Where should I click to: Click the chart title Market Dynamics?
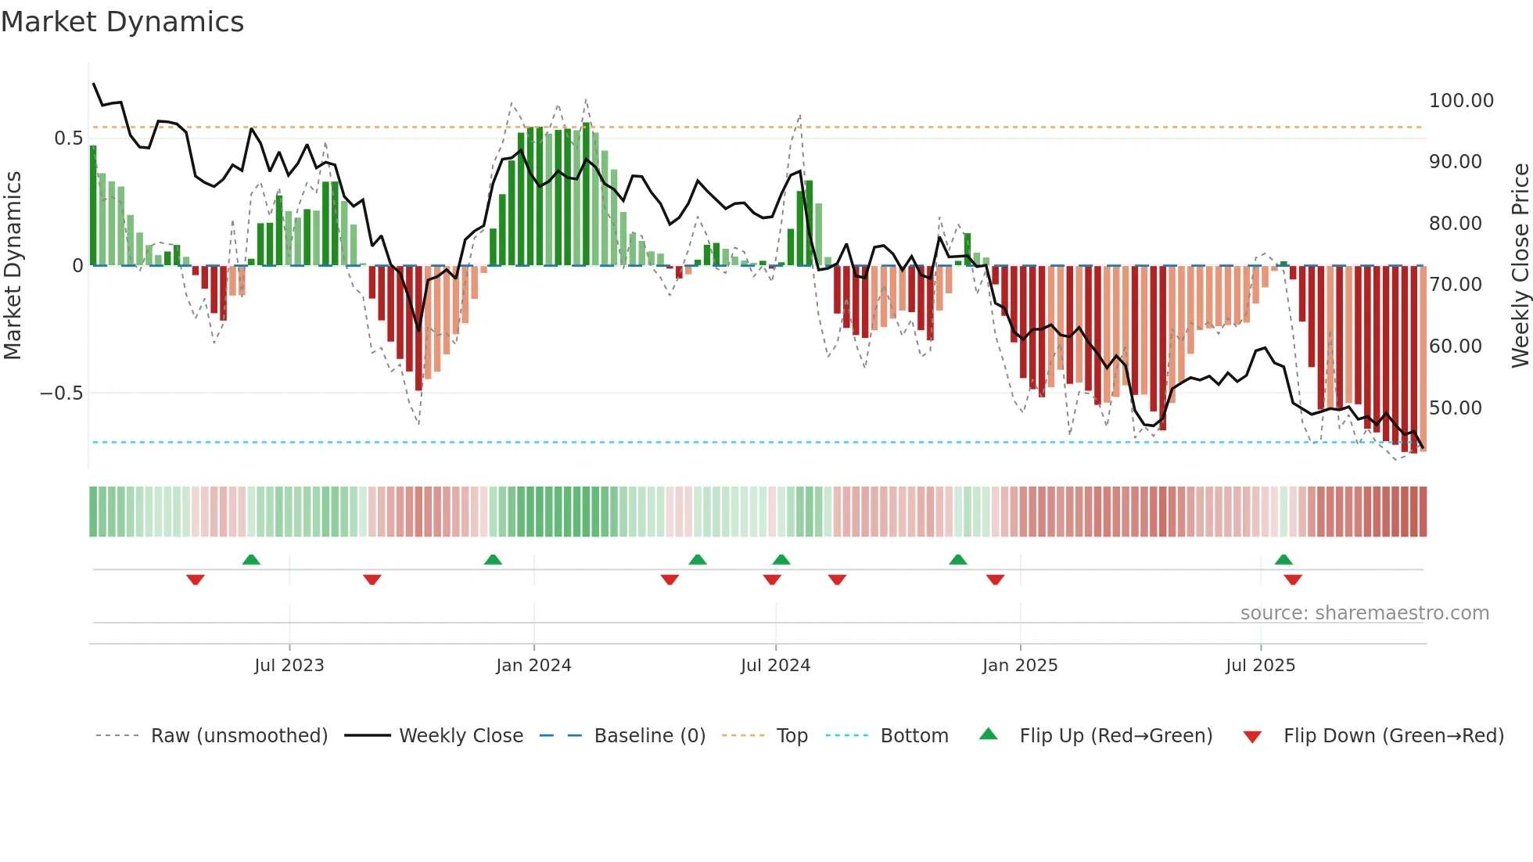pyautogui.click(x=123, y=22)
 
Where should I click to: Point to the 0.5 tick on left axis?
pyautogui.click(x=68, y=138)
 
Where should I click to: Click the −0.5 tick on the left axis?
pyautogui.click(x=61, y=393)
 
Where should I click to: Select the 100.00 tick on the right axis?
pyautogui.click(x=1460, y=101)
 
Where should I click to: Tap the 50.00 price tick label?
pyautogui.click(x=1455, y=408)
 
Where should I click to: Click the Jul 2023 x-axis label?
pyautogui.click(x=289, y=666)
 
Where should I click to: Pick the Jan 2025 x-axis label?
pyautogui.click(x=1019, y=666)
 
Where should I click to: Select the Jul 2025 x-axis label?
pyautogui.click(x=1259, y=666)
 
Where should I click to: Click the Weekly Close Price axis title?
pyautogui.click(x=1520, y=265)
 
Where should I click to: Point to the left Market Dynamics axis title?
pyautogui.click(x=13, y=265)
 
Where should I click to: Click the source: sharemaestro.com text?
pyautogui.click(x=1364, y=613)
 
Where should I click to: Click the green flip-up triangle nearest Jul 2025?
pyautogui.click(x=1283, y=560)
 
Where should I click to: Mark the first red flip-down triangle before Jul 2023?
pyautogui.click(x=196, y=580)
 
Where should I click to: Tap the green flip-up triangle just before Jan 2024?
pyautogui.click(x=493, y=560)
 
